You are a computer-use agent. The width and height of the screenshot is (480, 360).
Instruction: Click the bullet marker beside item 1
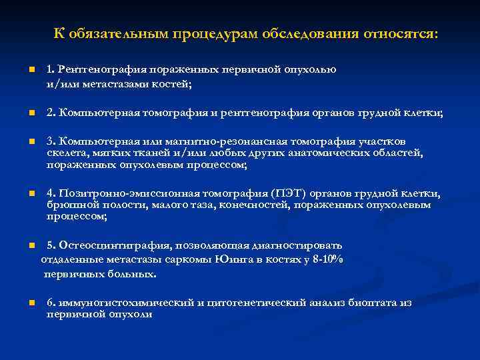tap(31, 69)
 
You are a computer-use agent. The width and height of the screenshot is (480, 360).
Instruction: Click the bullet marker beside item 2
tap(31, 113)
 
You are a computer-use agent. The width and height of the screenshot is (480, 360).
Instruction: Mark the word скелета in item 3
tap(65, 153)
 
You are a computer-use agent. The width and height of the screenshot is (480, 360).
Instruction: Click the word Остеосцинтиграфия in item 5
tap(108, 245)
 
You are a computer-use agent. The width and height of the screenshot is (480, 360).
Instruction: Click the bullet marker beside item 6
tap(31, 303)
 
